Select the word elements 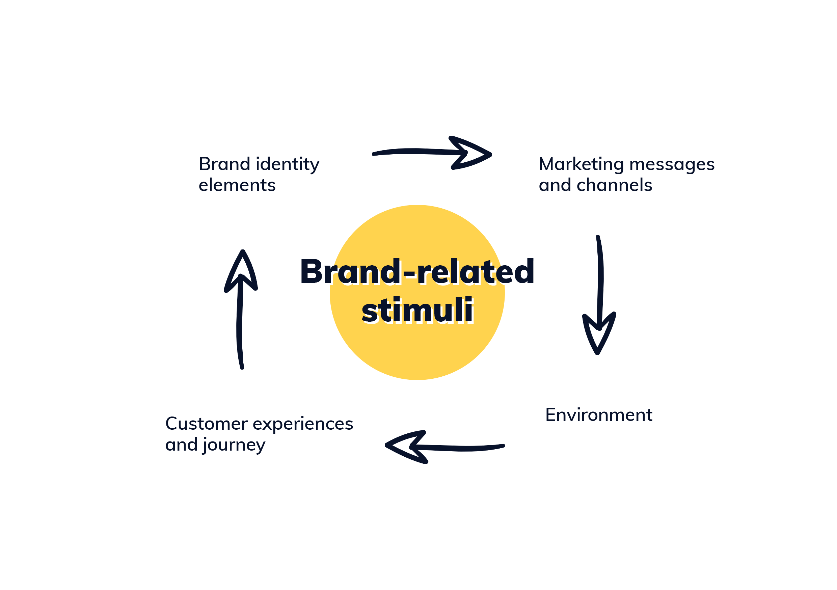(237, 185)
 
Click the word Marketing (581, 165)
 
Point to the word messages (672, 165)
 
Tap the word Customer (206, 424)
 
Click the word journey (234, 446)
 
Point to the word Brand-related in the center (417, 272)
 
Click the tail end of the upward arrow (242, 367)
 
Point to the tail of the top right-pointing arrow (375, 154)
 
